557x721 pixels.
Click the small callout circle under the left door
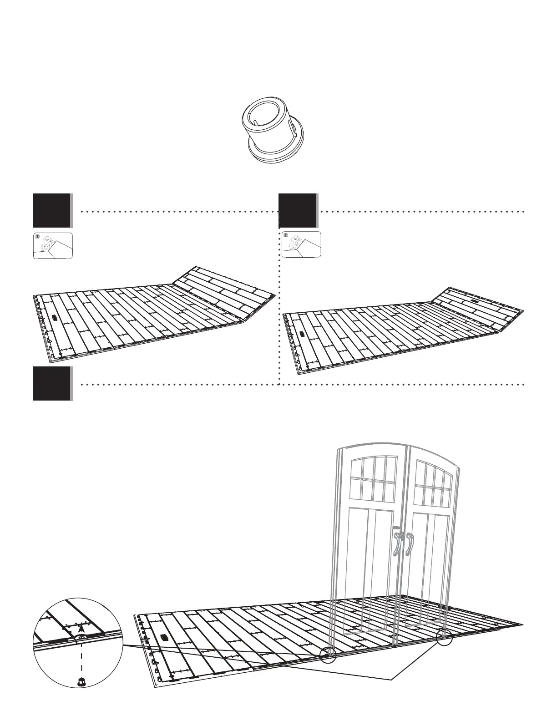click(328, 655)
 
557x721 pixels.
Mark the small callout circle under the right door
click(444, 638)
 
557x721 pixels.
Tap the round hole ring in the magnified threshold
click(81, 638)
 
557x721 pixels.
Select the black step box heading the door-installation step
click(51, 383)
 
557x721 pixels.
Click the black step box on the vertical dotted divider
click(297, 210)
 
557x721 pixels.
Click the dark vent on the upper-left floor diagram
click(54, 317)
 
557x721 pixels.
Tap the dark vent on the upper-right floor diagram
click(302, 334)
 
